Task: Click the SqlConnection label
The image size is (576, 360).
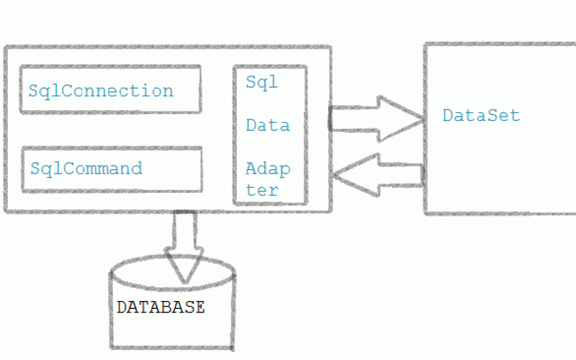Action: tap(101, 91)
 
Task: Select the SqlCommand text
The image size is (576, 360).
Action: tap(86, 168)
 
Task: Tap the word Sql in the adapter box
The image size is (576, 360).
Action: tap(262, 82)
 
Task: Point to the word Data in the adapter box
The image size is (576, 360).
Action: tap(268, 125)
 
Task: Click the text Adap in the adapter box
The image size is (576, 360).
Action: tap(268, 170)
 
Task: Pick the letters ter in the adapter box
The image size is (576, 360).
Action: tap(262, 190)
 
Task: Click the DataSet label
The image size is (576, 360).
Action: tap(481, 115)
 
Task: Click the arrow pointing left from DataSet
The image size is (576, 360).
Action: tap(378, 174)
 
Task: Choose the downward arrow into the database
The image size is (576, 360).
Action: tap(184, 245)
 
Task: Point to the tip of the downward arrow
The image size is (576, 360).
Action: tap(185, 281)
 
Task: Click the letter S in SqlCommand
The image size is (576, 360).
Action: tap(35, 168)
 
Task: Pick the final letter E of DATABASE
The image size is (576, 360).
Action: tap(200, 307)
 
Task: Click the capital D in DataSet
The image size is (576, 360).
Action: tap(447, 115)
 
